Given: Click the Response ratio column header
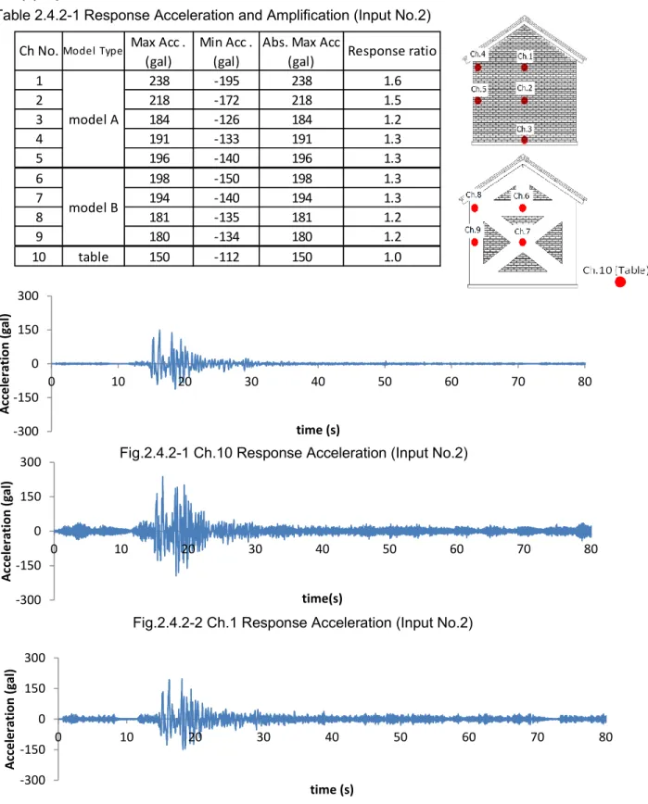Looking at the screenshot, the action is pos(392,51).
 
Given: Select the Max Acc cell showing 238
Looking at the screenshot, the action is pos(159,81).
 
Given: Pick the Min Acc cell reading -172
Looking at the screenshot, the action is pos(226,100).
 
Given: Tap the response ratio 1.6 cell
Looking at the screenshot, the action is pos(392,81).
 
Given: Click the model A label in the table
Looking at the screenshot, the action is pos(94,119).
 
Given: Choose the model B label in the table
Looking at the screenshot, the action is pos(94,207).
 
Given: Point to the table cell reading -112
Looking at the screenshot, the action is pos(226,257).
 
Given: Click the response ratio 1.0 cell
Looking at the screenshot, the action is pos(392,257).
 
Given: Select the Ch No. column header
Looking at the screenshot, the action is pos(39,51).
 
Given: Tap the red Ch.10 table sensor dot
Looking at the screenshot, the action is pos(620,282).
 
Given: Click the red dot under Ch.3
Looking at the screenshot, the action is pos(525,140).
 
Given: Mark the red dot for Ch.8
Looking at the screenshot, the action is pos(475,208).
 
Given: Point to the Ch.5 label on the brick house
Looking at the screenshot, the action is pos(478,89).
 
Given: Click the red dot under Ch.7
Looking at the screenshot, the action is pos(522,242).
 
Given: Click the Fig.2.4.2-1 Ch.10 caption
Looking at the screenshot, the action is pos(294,453).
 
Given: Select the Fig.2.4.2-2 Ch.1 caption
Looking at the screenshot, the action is pos(303,622).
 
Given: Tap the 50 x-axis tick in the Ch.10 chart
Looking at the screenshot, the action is pos(385,382).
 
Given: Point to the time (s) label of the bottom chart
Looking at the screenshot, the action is pos(332,789).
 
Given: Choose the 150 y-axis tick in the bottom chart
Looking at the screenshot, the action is pos(35,688).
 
